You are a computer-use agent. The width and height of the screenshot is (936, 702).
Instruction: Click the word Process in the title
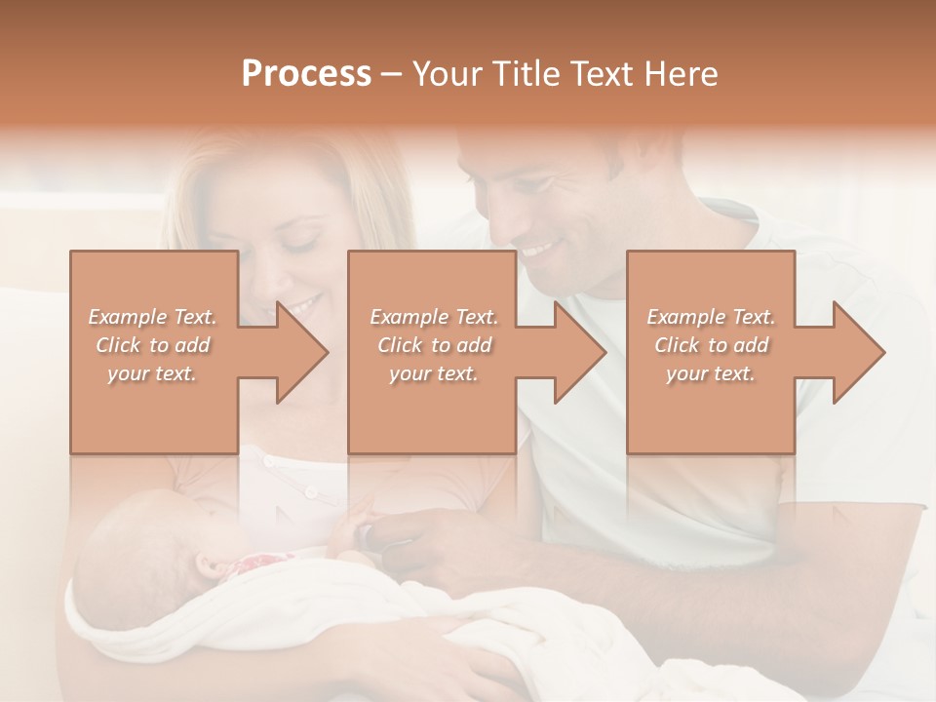pyautogui.click(x=306, y=74)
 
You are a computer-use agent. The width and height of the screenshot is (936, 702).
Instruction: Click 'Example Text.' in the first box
pyautogui.click(x=153, y=317)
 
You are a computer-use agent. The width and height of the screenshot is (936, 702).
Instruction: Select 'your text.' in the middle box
pyautogui.click(x=433, y=373)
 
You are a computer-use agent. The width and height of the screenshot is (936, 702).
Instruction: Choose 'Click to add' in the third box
pyautogui.click(x=711, y=345)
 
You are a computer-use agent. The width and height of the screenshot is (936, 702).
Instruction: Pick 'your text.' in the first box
pyautogui.click(x=152, y=373)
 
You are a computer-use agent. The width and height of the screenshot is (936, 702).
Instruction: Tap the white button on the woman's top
pyautogui.click(x=310, y=492)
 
